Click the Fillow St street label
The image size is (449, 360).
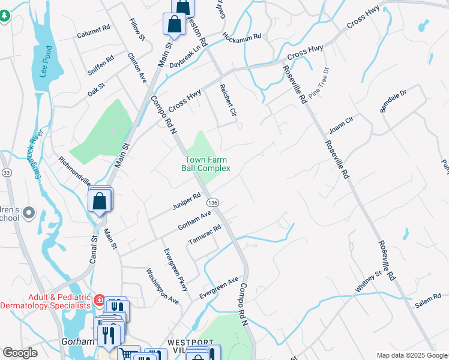coord(137,29)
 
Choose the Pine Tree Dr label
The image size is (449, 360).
coord(319,82)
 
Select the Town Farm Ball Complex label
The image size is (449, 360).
coord(206,164)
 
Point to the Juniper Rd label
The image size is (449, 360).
coord(186,200)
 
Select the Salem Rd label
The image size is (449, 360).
coord(427,300)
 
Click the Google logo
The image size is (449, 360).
coord(20,353)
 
